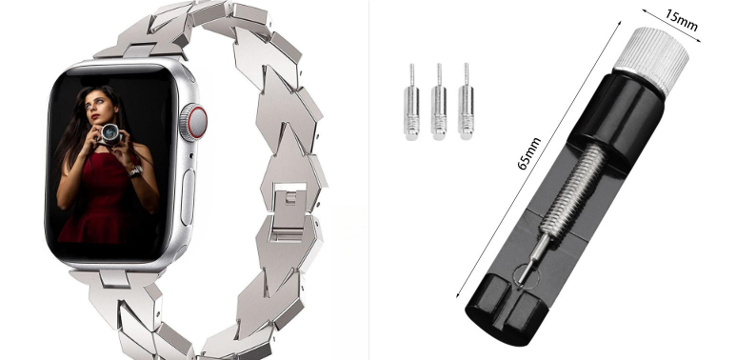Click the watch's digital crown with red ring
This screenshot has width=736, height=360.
[193, 123]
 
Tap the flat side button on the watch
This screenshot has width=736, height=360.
[188, 196]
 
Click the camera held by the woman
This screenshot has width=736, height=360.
[109, 133]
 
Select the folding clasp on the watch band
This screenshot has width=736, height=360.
[289, 212]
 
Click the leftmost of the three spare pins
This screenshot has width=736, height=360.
[411, 102]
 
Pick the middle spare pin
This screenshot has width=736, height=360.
[439, 102]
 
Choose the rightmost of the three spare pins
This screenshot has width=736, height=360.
[467, 101]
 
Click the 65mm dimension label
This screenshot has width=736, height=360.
[528, 153]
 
